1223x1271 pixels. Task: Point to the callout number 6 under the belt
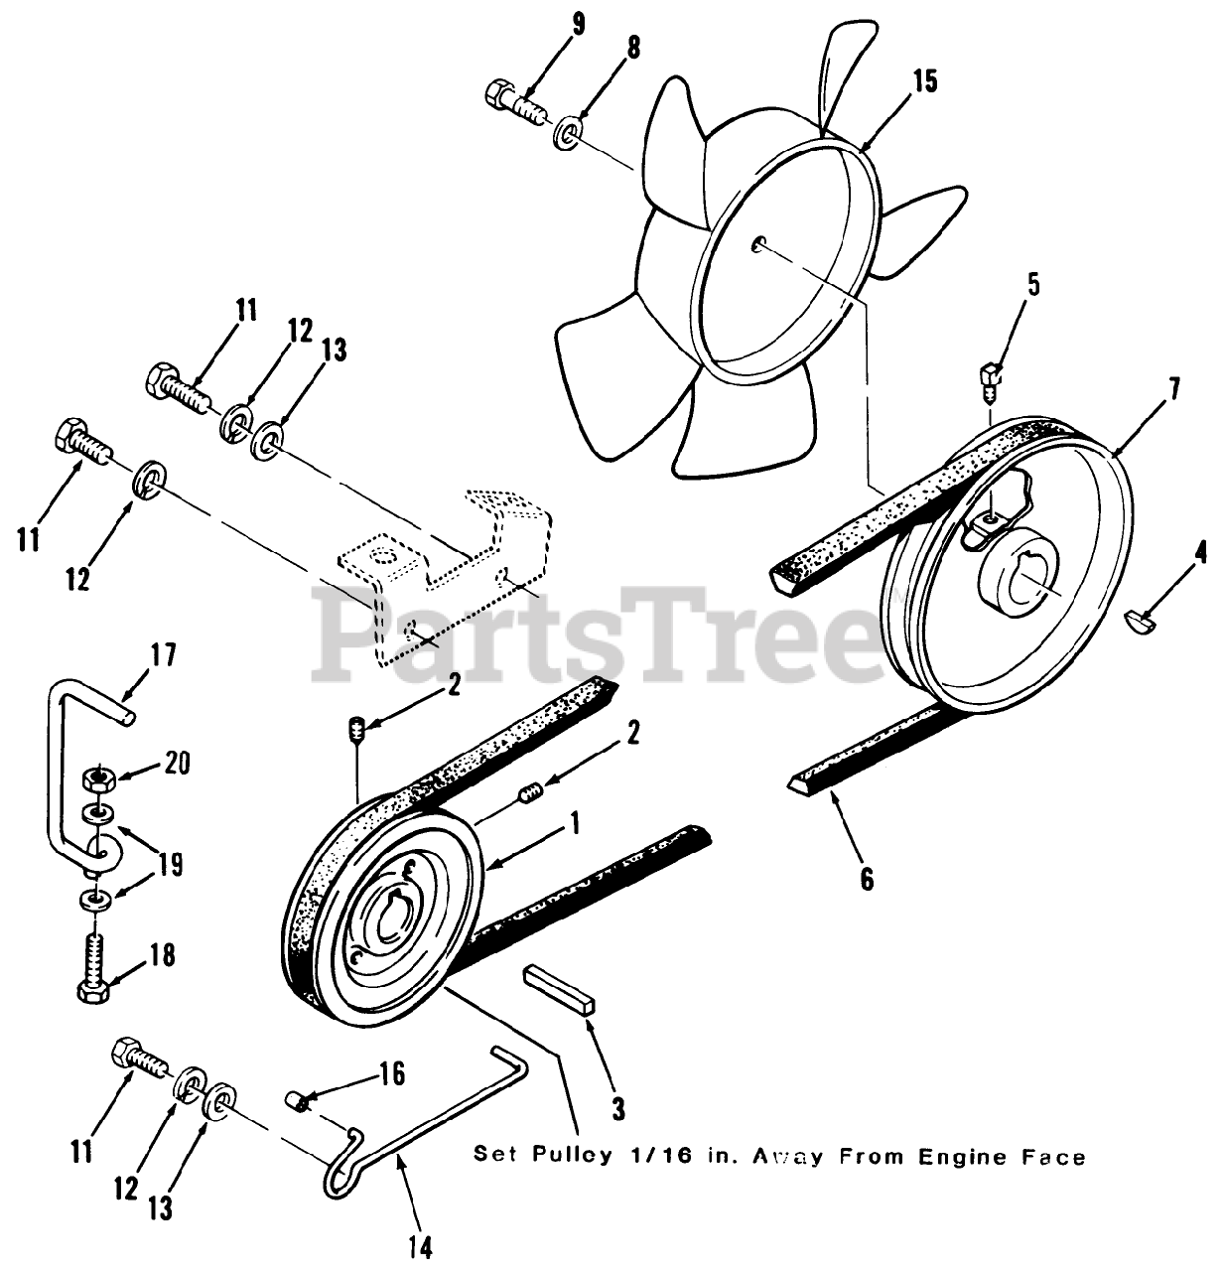pos(867,879)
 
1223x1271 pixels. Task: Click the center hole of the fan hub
pos(758,241)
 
